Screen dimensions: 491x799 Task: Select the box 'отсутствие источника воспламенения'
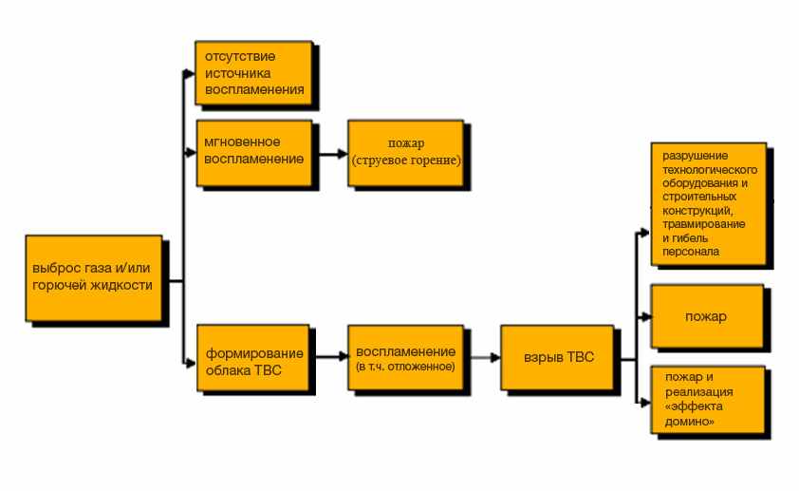point(253,72)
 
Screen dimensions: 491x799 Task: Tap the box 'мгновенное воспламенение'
point(253,152)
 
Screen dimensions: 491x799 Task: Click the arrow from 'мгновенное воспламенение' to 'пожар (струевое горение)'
point(328,153)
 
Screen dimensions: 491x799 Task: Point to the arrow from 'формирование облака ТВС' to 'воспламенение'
point(328,357)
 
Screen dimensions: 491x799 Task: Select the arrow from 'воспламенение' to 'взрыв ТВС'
point(482,357)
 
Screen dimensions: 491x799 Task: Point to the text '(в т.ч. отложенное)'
point(405,367)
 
